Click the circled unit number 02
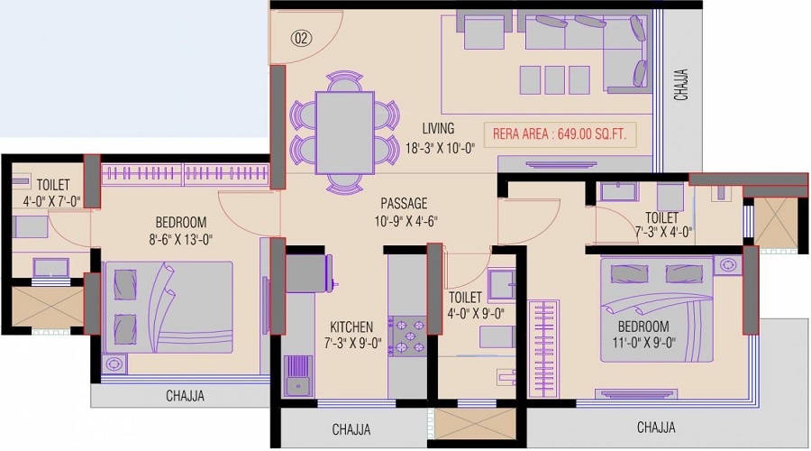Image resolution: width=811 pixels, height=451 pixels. pos(301,38)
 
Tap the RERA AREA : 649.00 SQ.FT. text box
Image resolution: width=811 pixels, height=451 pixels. pos(560,134)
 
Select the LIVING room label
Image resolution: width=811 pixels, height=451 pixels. pos(438,128)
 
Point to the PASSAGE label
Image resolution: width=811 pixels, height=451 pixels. pos(404,203)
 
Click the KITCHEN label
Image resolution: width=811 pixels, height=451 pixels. pos(351,327)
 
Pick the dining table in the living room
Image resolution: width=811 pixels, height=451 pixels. pos(344,133)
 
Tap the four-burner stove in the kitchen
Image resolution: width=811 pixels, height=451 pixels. pos(407,336)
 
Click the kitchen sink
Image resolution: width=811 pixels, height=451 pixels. pos(298,376)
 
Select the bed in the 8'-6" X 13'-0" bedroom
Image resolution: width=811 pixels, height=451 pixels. pos(169,307)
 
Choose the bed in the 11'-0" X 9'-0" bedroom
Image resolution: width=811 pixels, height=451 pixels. pos(657,309)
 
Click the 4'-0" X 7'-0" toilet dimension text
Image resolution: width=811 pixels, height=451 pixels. pos(51,201)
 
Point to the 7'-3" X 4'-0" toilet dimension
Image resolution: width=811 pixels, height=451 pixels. pos(663,232)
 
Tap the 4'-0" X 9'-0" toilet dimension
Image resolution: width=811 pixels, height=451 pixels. pos(476,313)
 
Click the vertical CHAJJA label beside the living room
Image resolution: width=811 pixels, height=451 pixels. pos(681,85)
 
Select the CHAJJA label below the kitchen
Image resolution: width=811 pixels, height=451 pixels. pos(351,429)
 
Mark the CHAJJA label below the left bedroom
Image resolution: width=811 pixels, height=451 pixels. pos(185,396)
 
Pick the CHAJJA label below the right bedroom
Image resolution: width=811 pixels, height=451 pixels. pos(656,428)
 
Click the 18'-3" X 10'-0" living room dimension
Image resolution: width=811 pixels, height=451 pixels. pos(440,148)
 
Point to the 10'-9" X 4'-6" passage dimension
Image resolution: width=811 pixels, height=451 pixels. pos(406,221)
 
